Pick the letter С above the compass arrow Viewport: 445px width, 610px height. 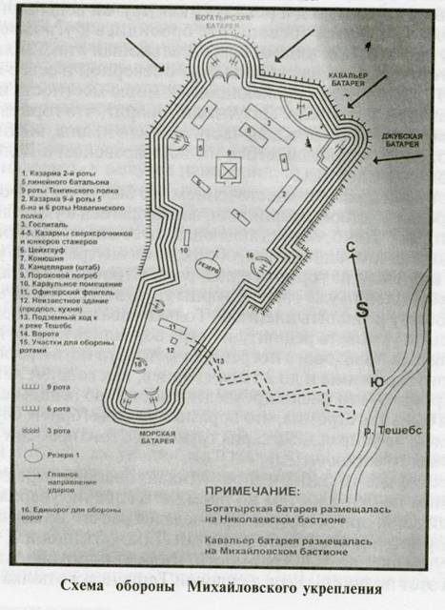point(351,246)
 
